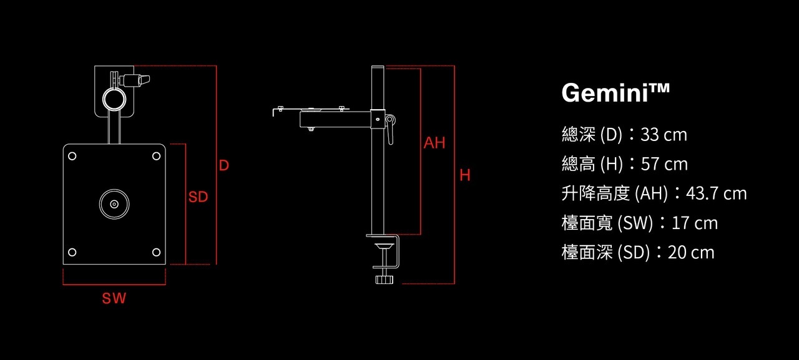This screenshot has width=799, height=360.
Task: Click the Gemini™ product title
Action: coord(615,93)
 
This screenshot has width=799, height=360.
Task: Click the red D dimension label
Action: coord(223,165)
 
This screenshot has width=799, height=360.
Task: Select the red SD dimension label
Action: coord(198,197)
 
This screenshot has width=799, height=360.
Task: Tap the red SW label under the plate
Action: coord(114,298)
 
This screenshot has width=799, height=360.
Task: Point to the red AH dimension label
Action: coord(434,143)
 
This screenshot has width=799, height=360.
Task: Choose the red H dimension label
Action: coord(465,175)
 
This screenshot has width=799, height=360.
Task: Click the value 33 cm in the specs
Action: coord(664,135)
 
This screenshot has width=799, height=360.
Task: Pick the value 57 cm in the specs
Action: coord(664,164)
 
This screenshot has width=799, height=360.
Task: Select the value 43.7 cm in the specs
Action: coord(716,193)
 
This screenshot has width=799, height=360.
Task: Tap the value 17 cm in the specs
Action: coord(695,223)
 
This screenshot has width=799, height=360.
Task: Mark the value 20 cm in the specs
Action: coord(691,253)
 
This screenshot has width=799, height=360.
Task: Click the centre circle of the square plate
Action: coord(114,204)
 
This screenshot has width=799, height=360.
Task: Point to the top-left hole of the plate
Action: coord(72,156)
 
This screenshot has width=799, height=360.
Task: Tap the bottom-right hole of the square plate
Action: coord(156,252)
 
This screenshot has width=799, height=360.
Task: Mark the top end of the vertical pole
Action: coord(378,66)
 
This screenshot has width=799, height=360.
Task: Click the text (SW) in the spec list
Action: coord(635,223)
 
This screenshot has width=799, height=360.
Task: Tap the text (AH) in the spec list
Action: coord(651,193)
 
